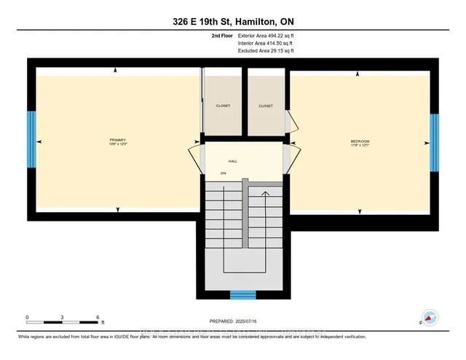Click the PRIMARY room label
118,141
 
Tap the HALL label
233,161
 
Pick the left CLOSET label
223,106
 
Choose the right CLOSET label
266,106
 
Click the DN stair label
224,173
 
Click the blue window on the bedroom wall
434,141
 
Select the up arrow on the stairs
266,195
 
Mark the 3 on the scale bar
63,318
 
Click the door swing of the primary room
195,157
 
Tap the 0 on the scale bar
27,318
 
